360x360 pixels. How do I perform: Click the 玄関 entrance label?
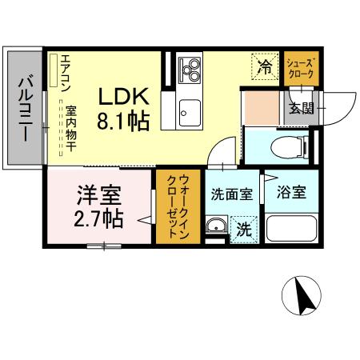click(x=301, y=108)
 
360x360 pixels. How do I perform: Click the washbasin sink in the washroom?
click(x=216, y=228)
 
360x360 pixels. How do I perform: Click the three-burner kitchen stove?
click(x=190, y=70)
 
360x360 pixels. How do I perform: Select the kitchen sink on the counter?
click(x=190, y=110)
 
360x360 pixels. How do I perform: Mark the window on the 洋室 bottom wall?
click(x=101, y=245)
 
